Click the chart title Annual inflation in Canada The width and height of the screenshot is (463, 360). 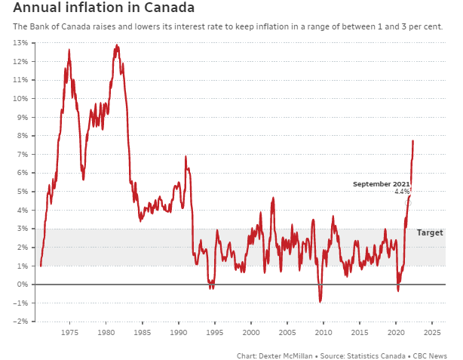pos(103,8)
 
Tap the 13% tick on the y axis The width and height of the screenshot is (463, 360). pos(20,43)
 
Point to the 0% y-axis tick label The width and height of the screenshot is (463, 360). pos(22,285)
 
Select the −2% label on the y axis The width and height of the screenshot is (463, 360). pos(20,322)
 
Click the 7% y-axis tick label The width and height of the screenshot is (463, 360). pos(22,154)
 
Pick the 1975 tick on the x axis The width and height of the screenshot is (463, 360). pos(69,332)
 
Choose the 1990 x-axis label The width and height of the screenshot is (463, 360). pos(178,332)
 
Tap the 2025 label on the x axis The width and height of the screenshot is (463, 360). pos(432,332)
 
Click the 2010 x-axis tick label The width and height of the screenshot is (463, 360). pos(323,332)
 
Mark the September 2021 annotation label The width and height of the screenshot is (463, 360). pos(382,184)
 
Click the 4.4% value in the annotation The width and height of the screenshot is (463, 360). pos(402,192)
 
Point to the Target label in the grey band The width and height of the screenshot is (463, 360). pos(430,233)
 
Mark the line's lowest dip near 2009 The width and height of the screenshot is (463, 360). pos(320,301)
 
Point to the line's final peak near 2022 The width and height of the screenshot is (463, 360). pos(412,140)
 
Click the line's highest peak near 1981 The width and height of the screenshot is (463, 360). pos(116,46)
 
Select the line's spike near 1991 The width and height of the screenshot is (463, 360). pos(186,157)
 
